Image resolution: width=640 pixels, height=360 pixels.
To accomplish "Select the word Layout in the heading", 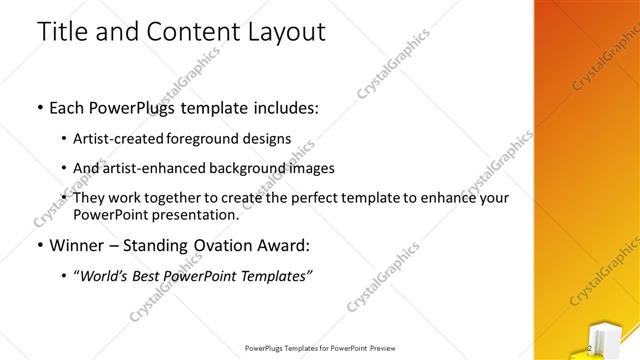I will point(281,32).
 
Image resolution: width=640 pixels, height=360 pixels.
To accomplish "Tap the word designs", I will point(270,139).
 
